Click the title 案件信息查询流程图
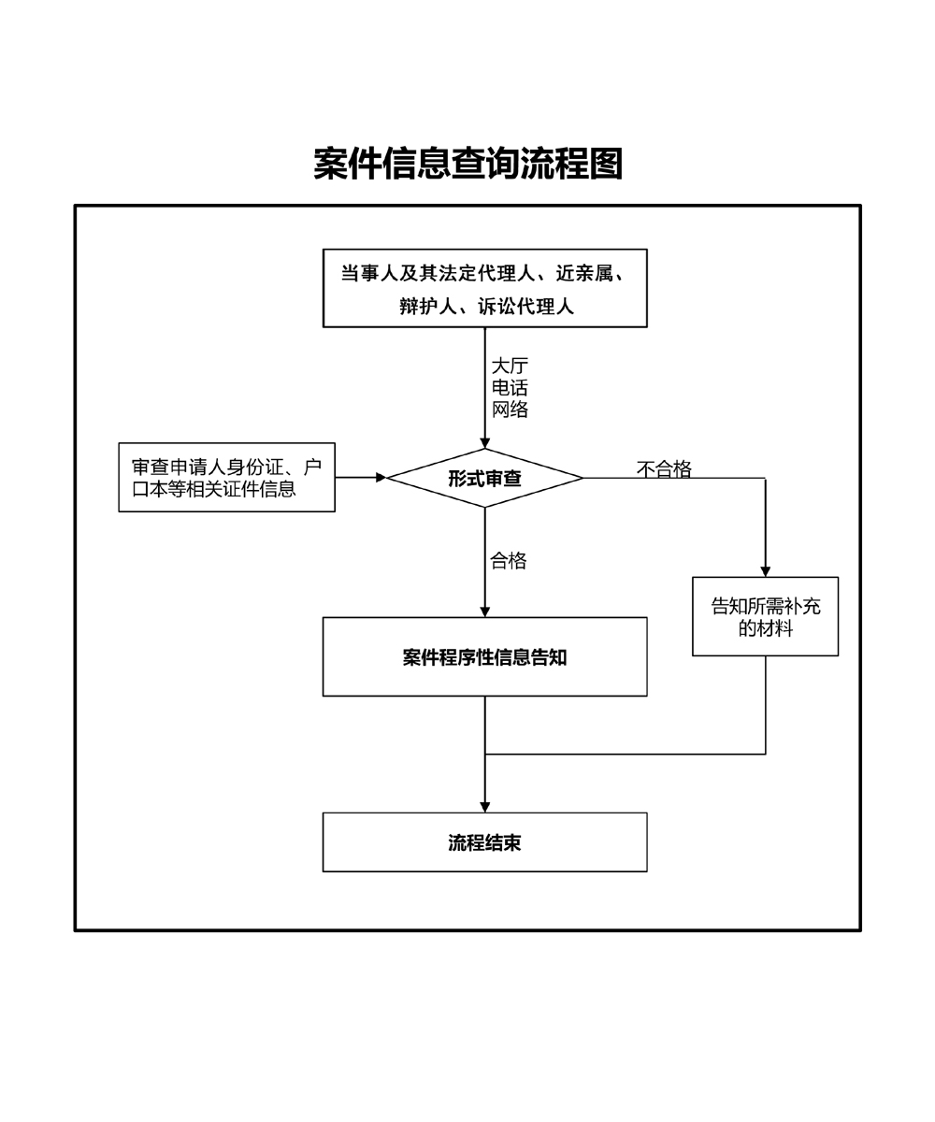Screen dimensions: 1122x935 [x=467, y=164]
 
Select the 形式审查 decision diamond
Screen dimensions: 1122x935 [x=484, y=478]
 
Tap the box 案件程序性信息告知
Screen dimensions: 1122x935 [x=484, y=656]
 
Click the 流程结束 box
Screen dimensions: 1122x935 [x=484, y=842]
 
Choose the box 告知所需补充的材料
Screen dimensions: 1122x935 [x=765, y=616]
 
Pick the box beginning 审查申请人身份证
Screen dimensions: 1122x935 [x=226, y=477]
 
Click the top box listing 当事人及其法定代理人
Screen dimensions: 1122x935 [x=484, y=288]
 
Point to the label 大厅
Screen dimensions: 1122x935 [x=510, y=366]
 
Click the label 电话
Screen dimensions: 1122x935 [x=510, y=387]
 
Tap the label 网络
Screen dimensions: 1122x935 [x=510, y=410]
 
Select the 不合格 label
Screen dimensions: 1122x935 [x=664, y=469]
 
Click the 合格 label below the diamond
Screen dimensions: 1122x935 [x=509, y=561]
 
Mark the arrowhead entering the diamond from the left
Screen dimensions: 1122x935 [x=381, y=478]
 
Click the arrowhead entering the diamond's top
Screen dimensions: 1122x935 [x=484, y=443]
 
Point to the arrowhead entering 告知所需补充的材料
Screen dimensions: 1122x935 [x=765, y=571]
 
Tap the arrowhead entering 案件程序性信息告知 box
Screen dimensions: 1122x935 [x=484, y=611]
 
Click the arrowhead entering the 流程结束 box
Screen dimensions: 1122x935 [x=484, y=807]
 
